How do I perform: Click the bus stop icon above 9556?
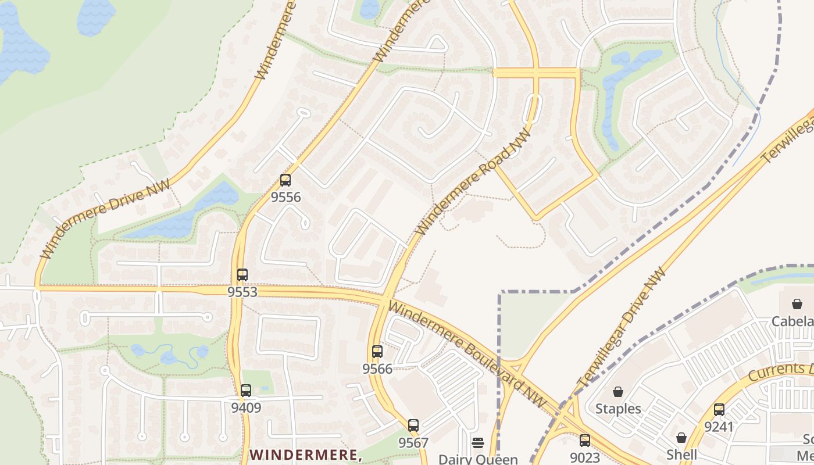point(285,180)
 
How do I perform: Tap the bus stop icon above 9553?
point(242,275)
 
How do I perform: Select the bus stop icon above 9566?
point(377,352)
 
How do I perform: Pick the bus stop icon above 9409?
point(246,391)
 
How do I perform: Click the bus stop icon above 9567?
point(413,425)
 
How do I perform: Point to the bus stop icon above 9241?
point(719,410)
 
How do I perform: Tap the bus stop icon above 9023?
point(585,441)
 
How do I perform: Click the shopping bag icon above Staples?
point(618,392)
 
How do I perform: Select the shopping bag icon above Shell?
point(681,437)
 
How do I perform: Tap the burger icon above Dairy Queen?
point(478,443)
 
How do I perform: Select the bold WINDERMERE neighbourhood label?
point(306,454)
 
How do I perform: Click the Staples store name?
point(618,409)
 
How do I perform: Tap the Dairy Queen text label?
point(478,459)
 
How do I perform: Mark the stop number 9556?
point(285,197)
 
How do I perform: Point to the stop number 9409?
point(246,407)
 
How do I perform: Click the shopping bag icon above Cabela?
point(797,304)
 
